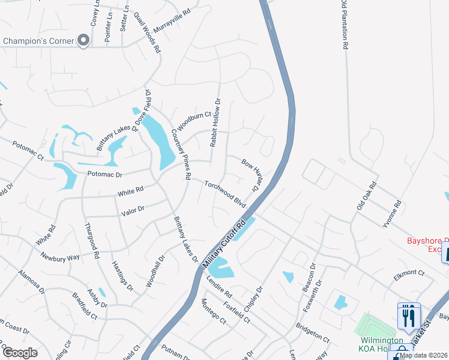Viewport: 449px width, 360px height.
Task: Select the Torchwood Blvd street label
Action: coord(225,194)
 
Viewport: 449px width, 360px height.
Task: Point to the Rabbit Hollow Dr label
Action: coord(214,123)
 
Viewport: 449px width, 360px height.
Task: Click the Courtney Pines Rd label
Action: coord(179,155)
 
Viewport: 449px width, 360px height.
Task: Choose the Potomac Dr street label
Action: coord(105,174)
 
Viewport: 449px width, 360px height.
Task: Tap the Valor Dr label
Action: coord(133,209)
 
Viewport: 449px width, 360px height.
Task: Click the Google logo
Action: coord(19,353)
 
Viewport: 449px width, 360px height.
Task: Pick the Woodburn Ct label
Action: coord(195,119)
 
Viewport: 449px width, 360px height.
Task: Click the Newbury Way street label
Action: coord(60,257)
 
